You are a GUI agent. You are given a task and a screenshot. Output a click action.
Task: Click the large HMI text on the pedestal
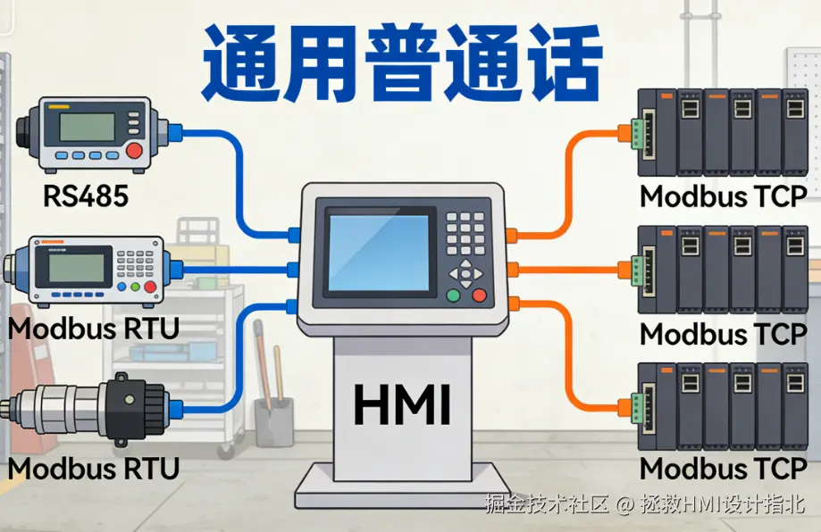(x=401, y=403)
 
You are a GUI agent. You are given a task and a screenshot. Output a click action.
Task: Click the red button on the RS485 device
(x=135, y=151)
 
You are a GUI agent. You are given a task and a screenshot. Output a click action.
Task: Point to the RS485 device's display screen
(x=88, y=127)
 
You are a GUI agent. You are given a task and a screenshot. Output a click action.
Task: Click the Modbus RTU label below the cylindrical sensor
(x=94, y=468)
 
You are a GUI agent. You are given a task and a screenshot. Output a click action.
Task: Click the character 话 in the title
(x=559, y=62)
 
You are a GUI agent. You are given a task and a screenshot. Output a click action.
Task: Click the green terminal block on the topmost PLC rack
(x=637, y=132)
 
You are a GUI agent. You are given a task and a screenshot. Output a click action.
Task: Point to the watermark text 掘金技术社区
(x=547, y=504)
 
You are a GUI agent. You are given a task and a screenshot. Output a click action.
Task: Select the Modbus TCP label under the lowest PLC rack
(x=724, y=468)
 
